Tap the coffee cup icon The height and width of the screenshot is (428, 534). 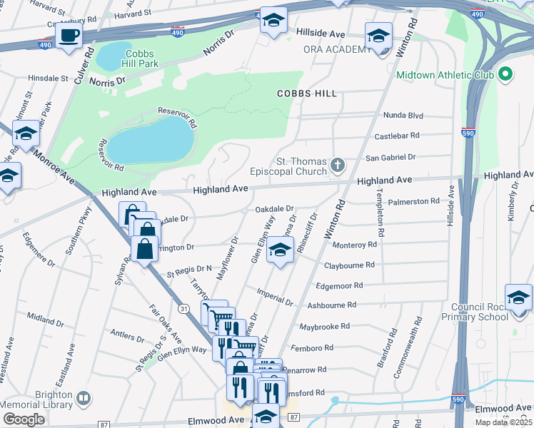69,35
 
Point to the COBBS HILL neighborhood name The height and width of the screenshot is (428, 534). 307,93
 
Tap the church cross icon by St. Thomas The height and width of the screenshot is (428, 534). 338,166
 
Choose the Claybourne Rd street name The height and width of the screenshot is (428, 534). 351,265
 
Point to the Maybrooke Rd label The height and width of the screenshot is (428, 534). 325,326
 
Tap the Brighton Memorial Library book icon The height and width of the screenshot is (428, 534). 84,397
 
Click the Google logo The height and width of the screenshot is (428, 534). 24,419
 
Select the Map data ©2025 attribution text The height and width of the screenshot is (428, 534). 503,422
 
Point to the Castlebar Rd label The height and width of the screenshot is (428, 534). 395,135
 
